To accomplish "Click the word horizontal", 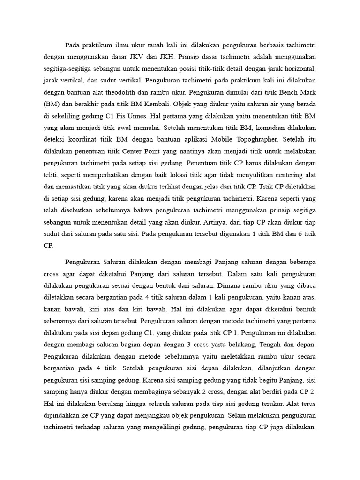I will click(x=297, y=67).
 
